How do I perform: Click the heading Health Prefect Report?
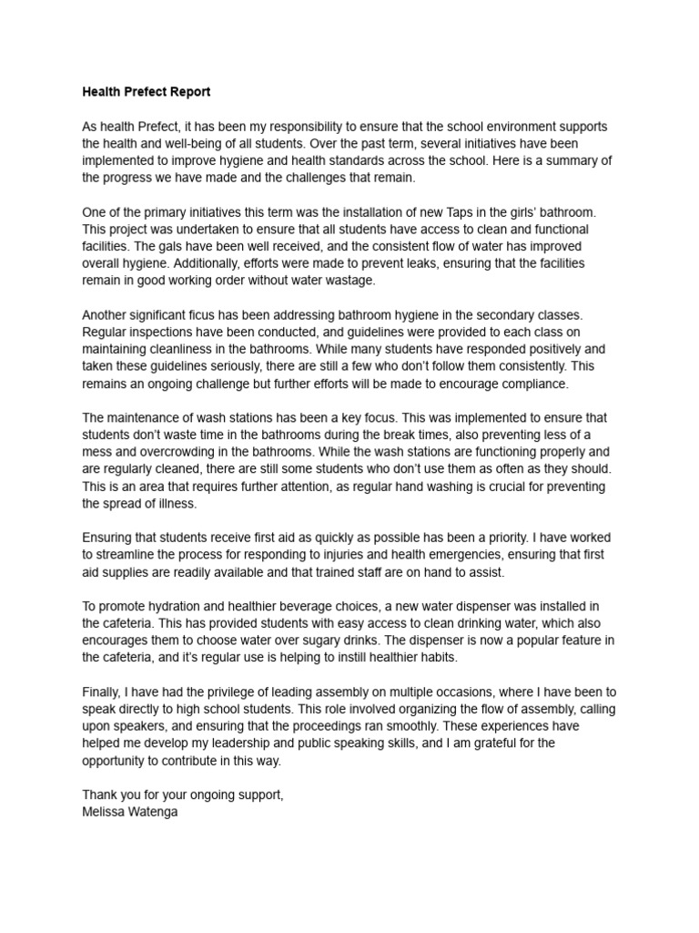[x=147, y=92]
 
